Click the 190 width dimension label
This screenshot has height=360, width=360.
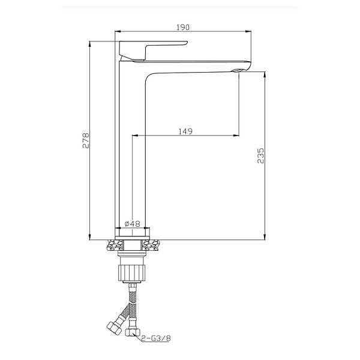point(183,28)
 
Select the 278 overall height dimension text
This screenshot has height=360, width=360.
point(86,140)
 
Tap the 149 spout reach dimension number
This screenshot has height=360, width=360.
point(185,131)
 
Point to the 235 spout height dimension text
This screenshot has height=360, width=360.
point(260,155)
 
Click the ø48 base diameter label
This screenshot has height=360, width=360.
point(132,223)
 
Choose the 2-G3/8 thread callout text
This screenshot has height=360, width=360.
point(156,338)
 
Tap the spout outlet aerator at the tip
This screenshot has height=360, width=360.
point(237,70)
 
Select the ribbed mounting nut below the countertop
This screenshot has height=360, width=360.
point(132,272)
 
